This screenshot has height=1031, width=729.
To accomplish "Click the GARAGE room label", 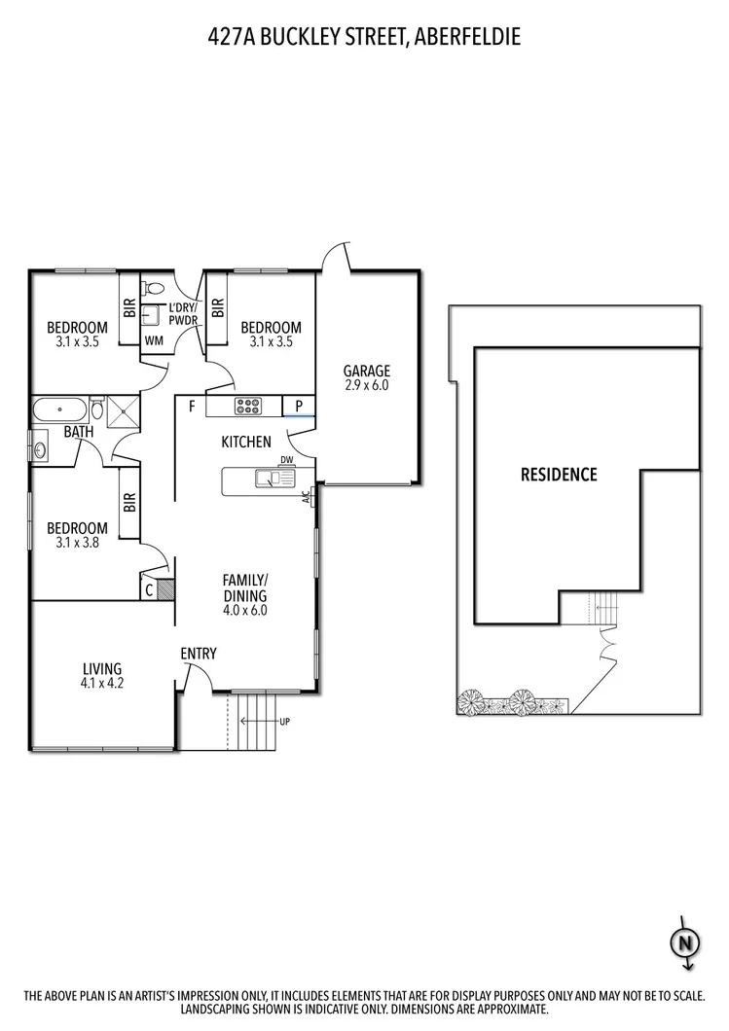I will tap(367, 371).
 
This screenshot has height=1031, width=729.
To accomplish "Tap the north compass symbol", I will tap(684, 942).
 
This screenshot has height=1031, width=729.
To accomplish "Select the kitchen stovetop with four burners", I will tap(247, 406).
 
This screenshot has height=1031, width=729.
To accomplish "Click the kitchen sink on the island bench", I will tap(268, 479).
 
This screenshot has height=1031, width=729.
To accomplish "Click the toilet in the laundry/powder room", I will tap(153, 289).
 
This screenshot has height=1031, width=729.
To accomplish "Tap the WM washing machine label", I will tap(154, 340).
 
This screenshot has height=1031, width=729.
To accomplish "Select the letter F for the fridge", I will tap(193, 406).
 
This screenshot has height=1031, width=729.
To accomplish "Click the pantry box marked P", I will tap(299, 406).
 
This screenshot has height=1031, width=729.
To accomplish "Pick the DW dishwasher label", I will tap(286, 460).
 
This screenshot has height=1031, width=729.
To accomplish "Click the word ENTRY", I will tap(199, 654).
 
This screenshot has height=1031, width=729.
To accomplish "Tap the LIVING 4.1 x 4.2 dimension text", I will tap(102, 683).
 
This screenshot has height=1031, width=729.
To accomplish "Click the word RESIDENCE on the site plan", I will tap(559, 475).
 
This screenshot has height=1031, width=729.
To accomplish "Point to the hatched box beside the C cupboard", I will tap(164, 588).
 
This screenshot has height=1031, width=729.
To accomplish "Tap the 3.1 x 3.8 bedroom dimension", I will tap(78, 544).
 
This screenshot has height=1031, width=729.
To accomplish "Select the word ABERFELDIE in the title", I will tap(467, 37).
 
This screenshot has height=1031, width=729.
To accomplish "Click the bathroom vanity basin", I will tap(40, 450).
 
